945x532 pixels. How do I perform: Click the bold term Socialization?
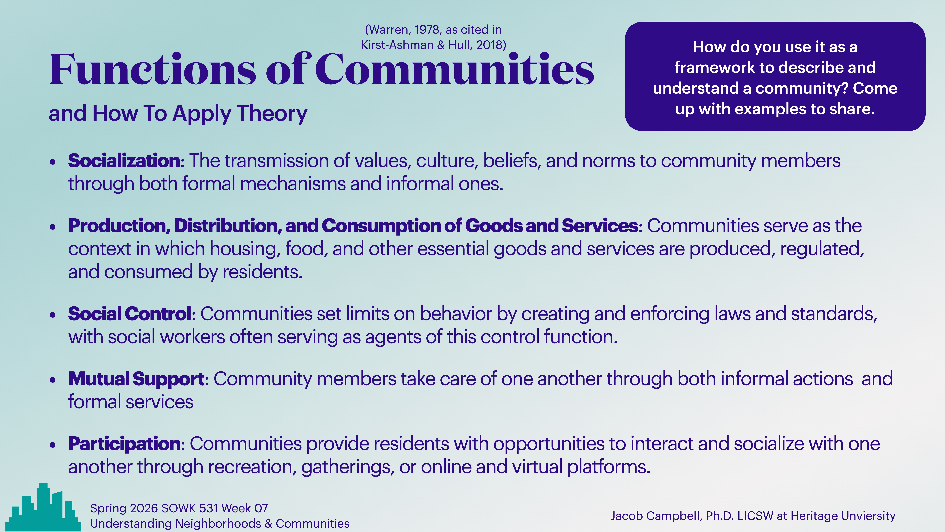coord(124,161)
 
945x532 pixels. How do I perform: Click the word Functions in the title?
coord(152,70)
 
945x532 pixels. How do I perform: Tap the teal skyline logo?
coord(43,508)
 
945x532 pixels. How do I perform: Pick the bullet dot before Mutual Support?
coord(53,380)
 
